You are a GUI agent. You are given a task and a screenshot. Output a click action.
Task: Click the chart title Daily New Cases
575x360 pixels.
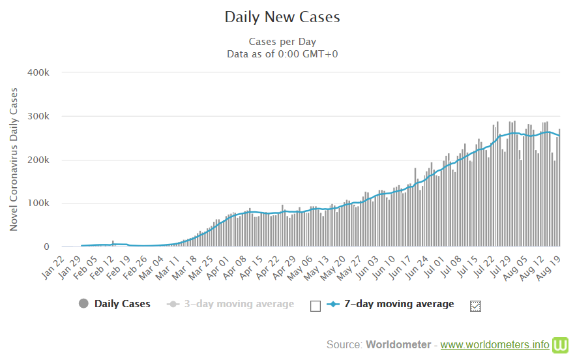coord(282,17)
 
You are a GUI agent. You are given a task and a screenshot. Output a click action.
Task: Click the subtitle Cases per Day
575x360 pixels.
coord(282,41)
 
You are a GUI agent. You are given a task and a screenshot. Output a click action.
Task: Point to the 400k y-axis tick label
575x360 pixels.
coord(38,72)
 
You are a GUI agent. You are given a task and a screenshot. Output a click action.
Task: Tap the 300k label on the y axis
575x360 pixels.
coord(38,116)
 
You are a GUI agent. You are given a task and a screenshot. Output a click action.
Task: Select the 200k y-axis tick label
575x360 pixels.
coord(38,160)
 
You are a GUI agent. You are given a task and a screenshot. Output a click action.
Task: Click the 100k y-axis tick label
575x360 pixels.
coord(38,203)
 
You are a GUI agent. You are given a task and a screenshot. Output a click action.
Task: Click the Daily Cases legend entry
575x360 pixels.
coord(115,304)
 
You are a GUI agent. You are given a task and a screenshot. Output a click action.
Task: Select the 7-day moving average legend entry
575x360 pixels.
coord(391,304)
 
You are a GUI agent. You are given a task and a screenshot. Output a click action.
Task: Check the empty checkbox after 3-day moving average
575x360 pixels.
coord(316,305)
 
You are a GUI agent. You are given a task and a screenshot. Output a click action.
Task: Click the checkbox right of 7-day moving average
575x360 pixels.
coord(475,305)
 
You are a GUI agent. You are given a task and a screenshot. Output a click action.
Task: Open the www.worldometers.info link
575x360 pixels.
coord(495,344)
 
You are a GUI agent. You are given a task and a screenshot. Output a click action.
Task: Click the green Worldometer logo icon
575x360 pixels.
coord(561,344)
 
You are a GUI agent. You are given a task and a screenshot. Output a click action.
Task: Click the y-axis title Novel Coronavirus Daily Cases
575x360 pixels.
coord(14,160)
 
